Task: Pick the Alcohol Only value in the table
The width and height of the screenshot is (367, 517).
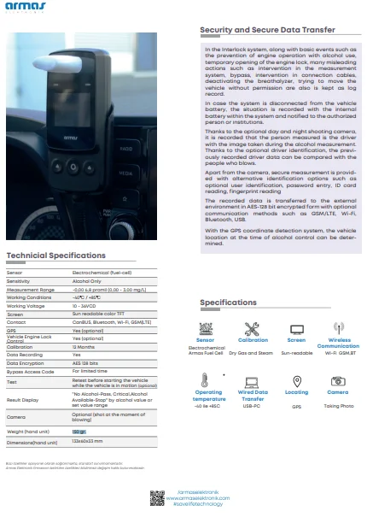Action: tap(86, 280)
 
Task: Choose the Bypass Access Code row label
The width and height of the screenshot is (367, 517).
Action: tap(30, 371)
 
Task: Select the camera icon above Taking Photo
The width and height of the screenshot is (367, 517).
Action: tap(338, 380)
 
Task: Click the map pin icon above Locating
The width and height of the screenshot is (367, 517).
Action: tap(296, 380)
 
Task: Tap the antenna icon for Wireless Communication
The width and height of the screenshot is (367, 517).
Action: tap(338, 328)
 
